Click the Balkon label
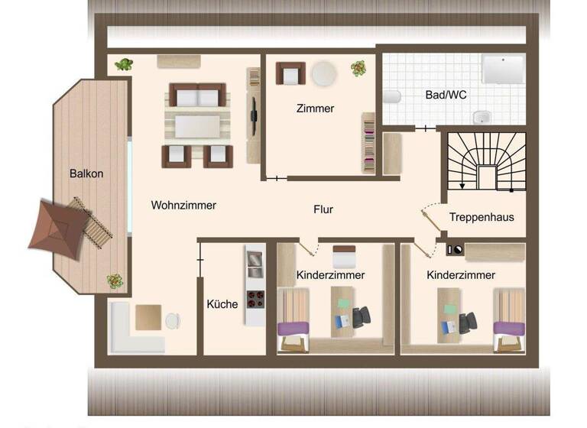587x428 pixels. tap(86, 173)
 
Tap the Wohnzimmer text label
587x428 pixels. tap(183, 205)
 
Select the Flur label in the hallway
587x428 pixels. tap(323, 209)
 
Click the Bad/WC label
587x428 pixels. tap(446, 96)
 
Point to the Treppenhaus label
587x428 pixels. tap(482, 217)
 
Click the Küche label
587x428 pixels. tap(222, 303)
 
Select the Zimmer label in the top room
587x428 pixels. tap(315, 109)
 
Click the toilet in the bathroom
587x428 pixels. tap(392, 97)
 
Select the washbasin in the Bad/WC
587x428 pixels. tap(482, 118)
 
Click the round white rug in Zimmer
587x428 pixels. tap(324, 73)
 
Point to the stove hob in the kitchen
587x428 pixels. tap(254, 298)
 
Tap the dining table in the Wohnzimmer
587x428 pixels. tap(198, 125)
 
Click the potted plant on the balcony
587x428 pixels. tap(115, 280)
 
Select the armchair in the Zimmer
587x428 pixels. tap(290, 73)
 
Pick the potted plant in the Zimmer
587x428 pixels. tap(358, 69)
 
